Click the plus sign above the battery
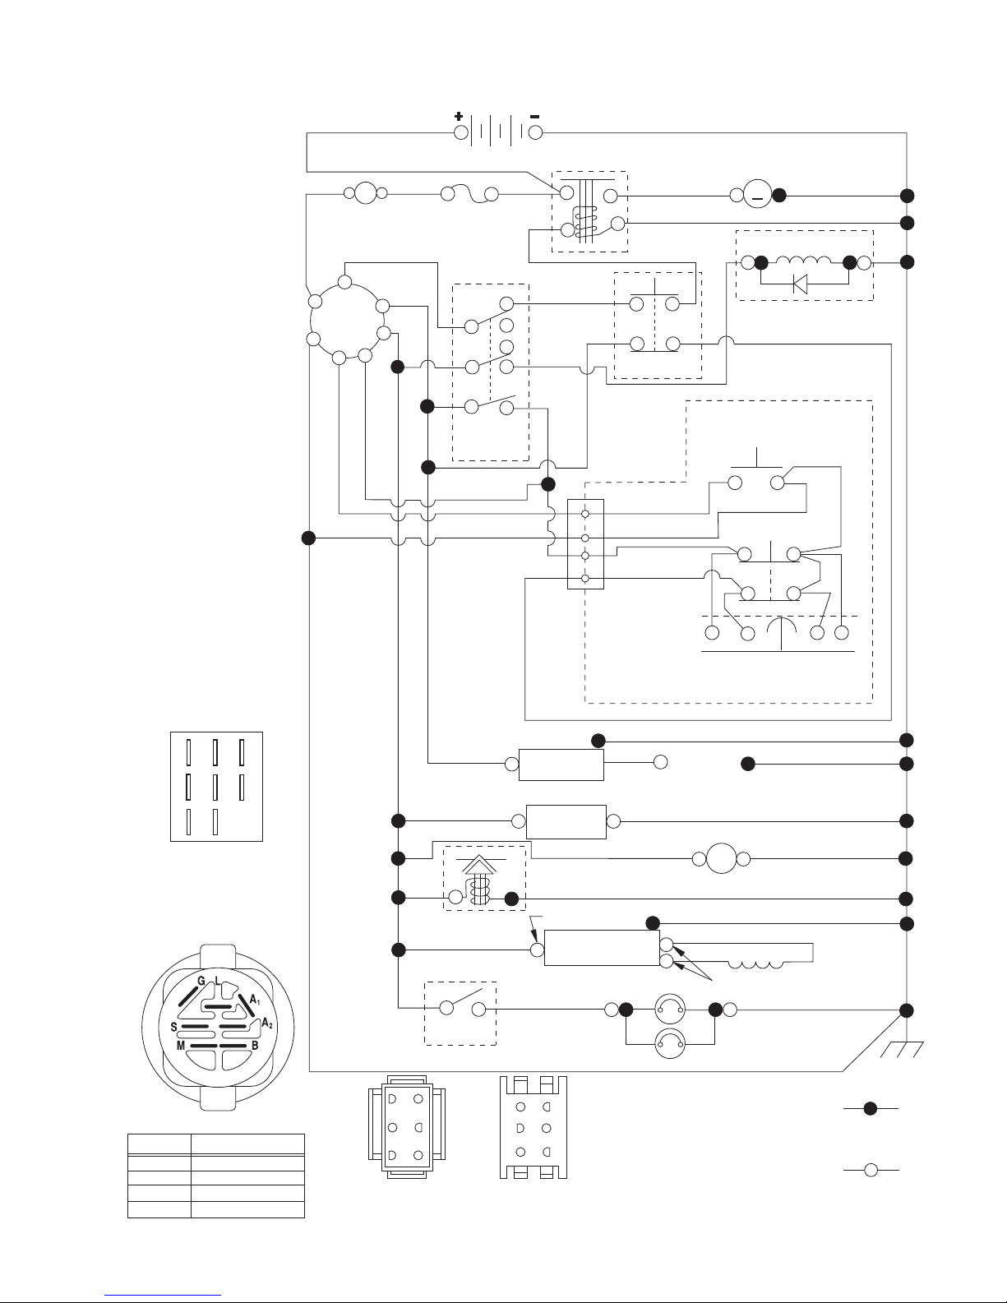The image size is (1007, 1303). click(459, 117)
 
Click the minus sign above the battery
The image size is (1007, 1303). click(534, 117)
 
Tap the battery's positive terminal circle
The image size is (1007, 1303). click(461, 132)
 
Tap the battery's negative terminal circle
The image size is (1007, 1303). click(535, 132)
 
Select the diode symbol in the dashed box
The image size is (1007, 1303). click(800, 283)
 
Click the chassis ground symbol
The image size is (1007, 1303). click(902, 1049)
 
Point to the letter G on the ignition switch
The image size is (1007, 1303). click(201, 981)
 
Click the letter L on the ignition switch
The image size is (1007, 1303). click(218, 981)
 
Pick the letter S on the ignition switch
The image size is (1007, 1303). click(173, 1027)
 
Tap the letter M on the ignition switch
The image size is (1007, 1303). click(180, 1046)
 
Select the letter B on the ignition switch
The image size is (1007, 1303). click(255, 1046)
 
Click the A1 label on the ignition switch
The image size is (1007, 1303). click(255, 1000)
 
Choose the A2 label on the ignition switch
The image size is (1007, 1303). click(267, 1023)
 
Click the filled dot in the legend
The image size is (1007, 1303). click(871, 1109)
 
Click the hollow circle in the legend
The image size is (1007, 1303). click(871, 1170)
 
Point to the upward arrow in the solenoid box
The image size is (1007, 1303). click(479, 865)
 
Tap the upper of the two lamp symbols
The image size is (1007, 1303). click(670, 1009)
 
